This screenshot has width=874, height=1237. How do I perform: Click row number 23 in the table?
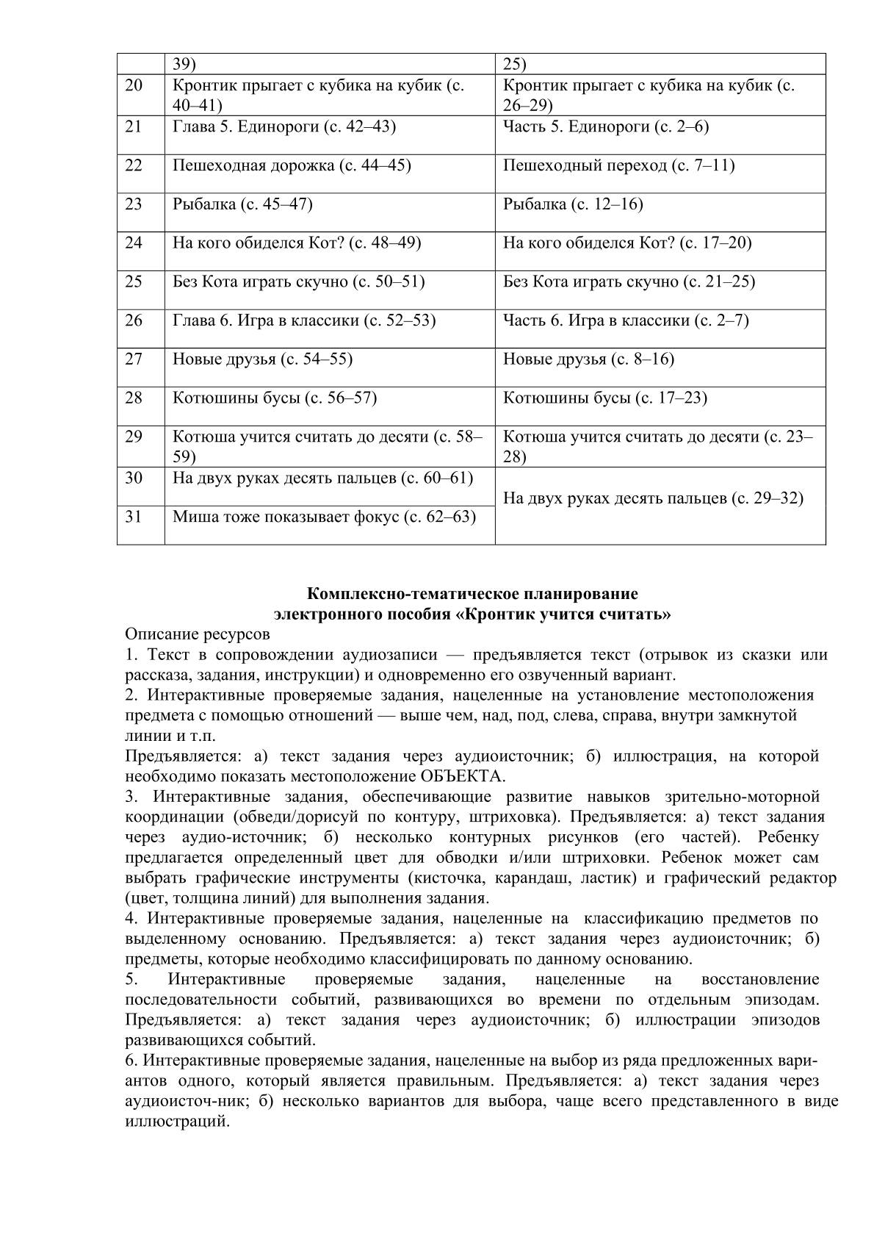click(134, 204)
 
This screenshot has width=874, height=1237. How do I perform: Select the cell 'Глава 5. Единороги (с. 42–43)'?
click(284, 127)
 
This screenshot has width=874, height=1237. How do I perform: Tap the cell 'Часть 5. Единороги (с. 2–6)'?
click(606, 127)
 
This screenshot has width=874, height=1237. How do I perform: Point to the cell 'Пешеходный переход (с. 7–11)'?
click(618, 165)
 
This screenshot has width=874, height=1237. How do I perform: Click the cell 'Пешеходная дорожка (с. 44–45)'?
click(292, 165)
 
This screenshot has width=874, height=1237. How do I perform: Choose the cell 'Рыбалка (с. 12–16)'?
click(573, 204)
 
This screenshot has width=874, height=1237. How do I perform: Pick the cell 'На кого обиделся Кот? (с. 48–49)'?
click(297, 243)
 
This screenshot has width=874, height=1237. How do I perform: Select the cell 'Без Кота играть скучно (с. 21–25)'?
click(629, 282)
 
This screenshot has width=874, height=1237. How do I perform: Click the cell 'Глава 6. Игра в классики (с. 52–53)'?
click(304, 321)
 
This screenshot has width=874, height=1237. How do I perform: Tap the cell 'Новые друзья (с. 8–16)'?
click(588, 359)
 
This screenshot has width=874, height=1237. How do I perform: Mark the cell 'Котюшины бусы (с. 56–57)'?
click(275, 398)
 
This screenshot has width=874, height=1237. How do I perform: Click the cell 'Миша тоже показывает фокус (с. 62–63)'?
click(324, 517)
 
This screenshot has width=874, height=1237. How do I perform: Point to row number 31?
click(134, 517)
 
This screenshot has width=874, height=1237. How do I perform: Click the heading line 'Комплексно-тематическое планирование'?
click(472, 594)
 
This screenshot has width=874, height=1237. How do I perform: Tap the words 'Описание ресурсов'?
click(198, 634)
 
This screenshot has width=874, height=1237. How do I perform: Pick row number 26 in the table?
click(134, 321)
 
